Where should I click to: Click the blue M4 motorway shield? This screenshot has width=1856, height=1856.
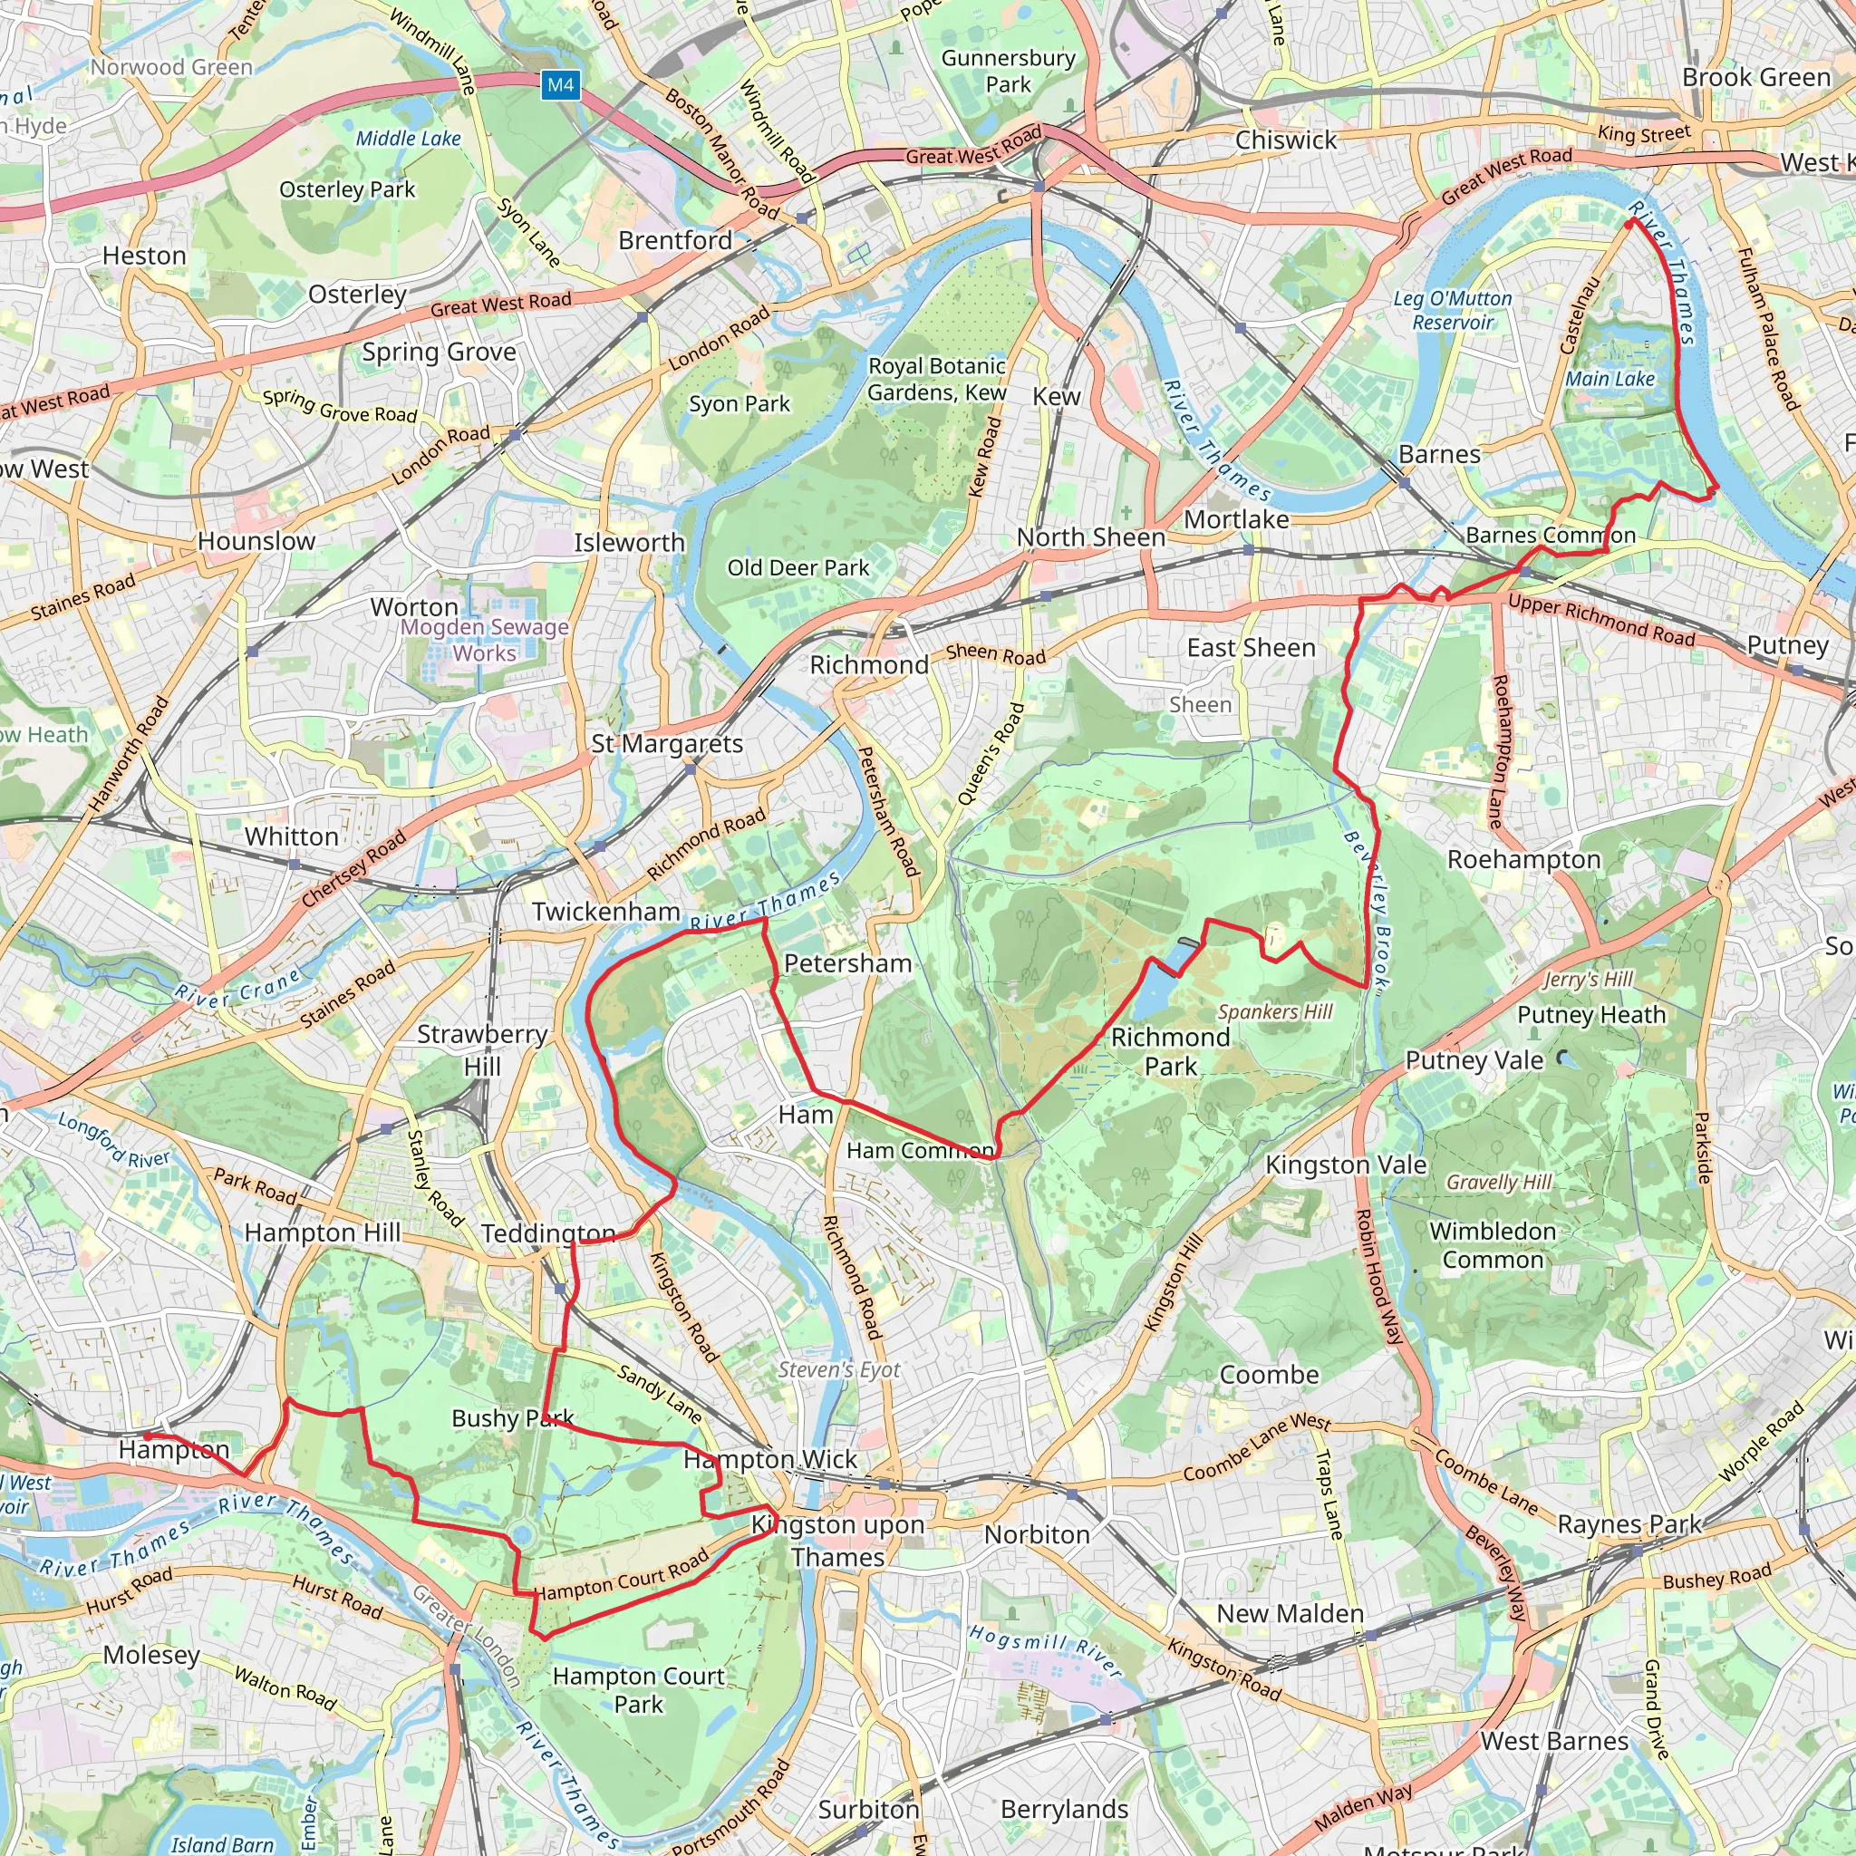click(x=560, y=84)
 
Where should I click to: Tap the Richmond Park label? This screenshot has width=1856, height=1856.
click(x=1170, y=1051)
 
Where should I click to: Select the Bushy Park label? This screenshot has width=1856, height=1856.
click(x=512, y=1418)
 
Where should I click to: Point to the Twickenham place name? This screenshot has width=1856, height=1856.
click(x=606, y=912)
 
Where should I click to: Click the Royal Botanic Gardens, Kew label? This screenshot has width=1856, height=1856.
click(x=937, y=380)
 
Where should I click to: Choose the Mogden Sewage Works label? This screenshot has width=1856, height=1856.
click(x=485, y=640)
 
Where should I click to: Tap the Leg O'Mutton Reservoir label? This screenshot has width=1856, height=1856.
click(x=1453, y=310)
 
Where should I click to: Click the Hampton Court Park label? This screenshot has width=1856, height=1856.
click(x=638, y=1690)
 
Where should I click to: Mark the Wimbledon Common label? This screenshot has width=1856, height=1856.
click(x=1493, y=1245)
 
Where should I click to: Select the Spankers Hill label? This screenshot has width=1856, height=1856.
click(x=1275, y=1011)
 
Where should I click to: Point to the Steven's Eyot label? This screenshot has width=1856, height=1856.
click(x=838, y=1370)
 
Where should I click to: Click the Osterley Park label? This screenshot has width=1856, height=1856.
click(x=347, y=189)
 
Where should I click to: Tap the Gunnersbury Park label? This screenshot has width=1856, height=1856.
click(x=1008, y=71)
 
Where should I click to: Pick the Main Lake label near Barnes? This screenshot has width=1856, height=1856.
click(x=1610, y=379)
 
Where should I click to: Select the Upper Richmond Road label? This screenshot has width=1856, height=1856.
click(x=1601, y=620)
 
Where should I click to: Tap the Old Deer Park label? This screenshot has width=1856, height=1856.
click(x=797, y=567)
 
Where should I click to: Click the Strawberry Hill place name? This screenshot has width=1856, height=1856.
click(x=482, y=1050)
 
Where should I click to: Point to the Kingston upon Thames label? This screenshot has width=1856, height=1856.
click(x=837, y=1540)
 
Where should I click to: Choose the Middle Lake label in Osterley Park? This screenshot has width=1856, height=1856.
click(x=409, y=139)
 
